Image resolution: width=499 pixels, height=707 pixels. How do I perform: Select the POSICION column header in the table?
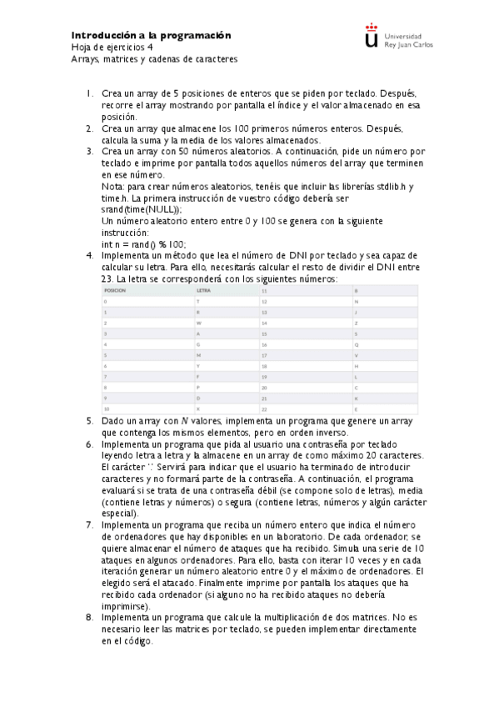(x=115, y=290)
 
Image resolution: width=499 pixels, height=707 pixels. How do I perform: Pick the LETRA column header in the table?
(x=203, y=290)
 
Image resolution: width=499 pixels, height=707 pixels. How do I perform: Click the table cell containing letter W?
(x=198, y=322)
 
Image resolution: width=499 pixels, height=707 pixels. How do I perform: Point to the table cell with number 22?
(x=264, y=409)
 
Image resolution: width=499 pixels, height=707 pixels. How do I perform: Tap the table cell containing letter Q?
(x=357, y=343)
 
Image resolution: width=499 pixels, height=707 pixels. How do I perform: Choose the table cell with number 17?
(x=264, y=354)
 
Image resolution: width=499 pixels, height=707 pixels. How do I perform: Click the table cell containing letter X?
(x=198, y=409)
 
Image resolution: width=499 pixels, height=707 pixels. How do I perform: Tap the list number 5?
(x=90, y=421)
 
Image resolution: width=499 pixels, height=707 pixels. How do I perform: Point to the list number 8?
(x=90, y=618)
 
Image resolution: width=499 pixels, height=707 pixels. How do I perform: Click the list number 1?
(x=90, y=94)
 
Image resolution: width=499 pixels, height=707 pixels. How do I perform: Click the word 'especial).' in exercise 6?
(x=122, y=514)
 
